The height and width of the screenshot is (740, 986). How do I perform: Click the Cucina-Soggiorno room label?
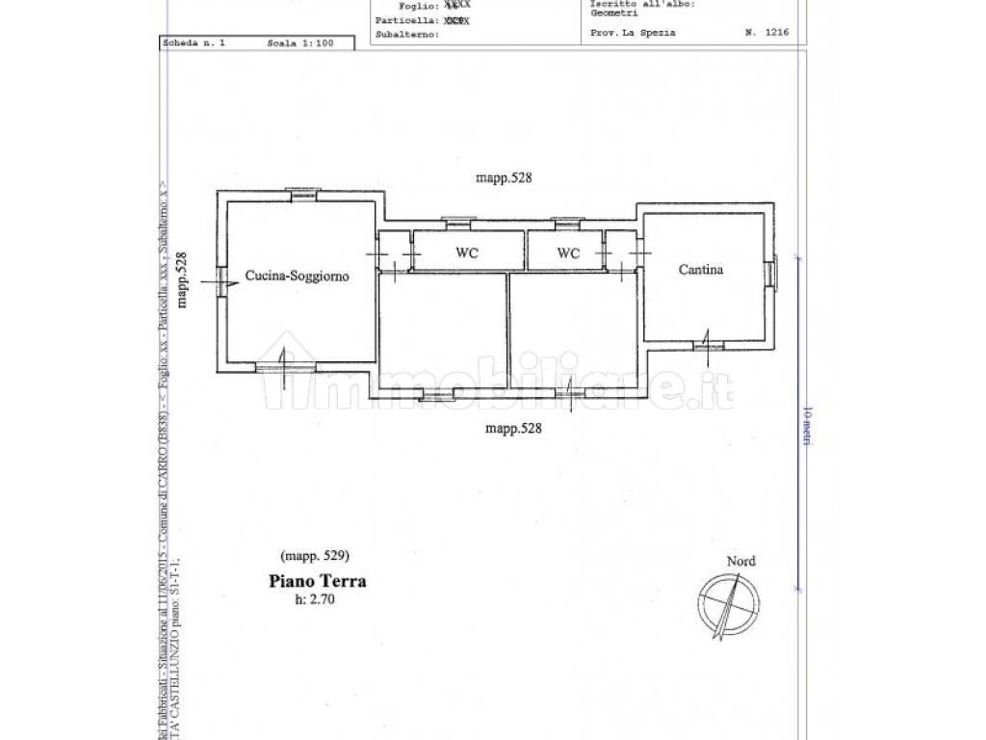(296, 276)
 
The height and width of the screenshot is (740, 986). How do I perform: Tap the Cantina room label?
(701, 270)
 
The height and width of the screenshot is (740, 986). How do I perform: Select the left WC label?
(467, 253)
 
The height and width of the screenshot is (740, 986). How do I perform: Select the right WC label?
(569, 253)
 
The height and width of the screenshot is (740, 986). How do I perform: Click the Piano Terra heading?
(316, 581)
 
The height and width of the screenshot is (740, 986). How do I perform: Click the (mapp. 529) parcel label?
(314, 556)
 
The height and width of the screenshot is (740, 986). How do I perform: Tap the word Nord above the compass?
(741, 562)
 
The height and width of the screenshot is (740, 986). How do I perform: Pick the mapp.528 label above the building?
(505, 178)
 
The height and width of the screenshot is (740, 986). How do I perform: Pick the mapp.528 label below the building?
(514, 429)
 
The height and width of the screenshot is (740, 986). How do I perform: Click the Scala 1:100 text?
(302, 43)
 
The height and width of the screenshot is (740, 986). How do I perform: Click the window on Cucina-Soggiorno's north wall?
(301, 193)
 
